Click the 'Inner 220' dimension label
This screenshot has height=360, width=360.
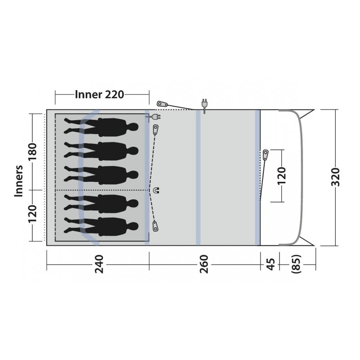(x=99, y=94)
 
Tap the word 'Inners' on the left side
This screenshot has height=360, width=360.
(x=19, y=181)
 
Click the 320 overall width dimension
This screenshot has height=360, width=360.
(x=335, y=177)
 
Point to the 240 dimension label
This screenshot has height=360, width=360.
(x=99, y=264)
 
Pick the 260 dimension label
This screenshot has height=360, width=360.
(x=204, y=264)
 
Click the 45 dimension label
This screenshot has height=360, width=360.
(x=271, y=264)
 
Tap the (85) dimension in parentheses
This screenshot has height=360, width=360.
(x=296, y=264)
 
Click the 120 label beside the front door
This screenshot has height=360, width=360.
(x=282, y=176)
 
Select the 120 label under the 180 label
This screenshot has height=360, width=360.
(x=32, y=214)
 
